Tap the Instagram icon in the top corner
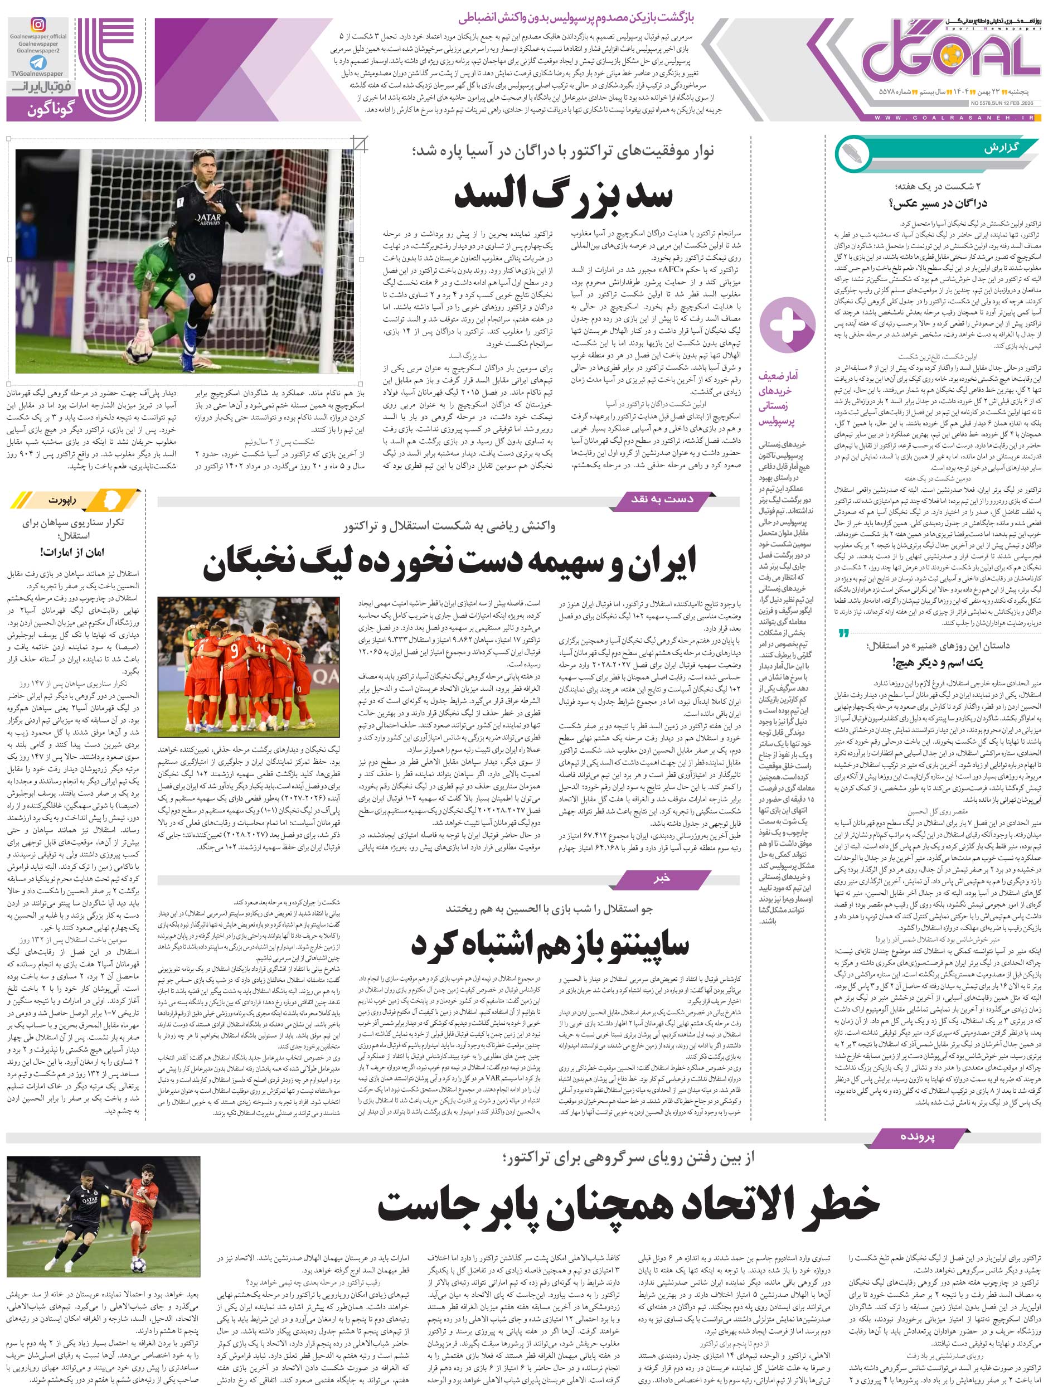coord(38,25)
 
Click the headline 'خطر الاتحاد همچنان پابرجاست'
coord(628,1204)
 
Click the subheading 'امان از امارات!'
coord(72,553)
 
